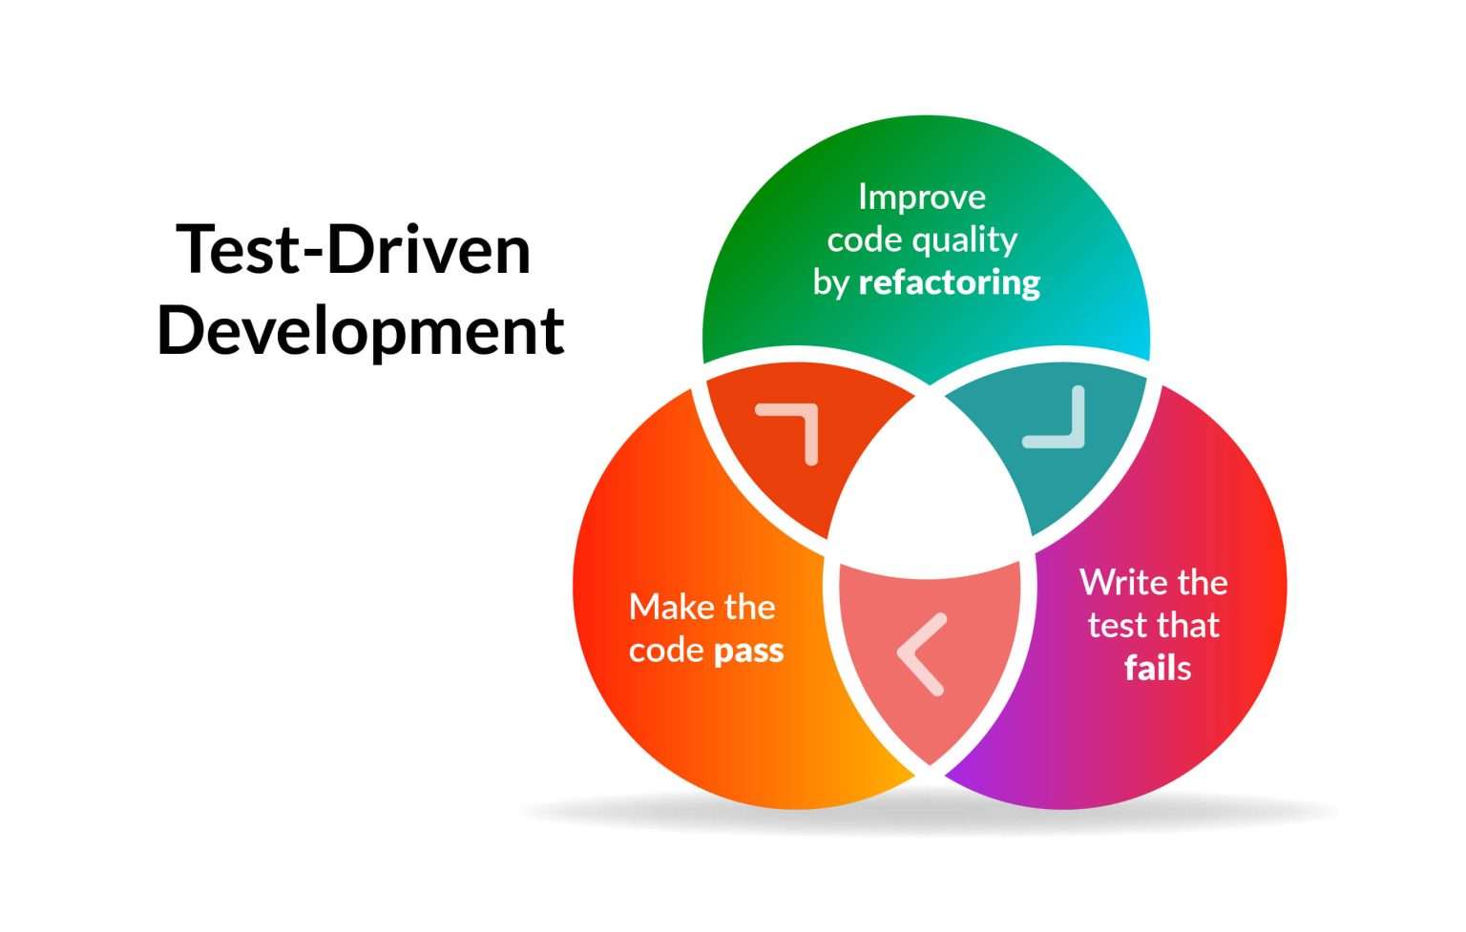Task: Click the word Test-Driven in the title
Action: coord(353,250)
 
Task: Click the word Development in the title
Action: coord(360,331)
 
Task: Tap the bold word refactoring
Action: coord(949,282)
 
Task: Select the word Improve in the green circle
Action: coord(921,197)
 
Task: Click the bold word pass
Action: coord(748,652)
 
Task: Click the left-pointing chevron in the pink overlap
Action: coord(921,653)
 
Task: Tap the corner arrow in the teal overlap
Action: coord(1058,420)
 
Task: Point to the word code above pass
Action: coord(666,652)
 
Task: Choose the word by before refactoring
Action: coord(830,283)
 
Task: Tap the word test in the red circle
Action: coord(1117,626)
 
